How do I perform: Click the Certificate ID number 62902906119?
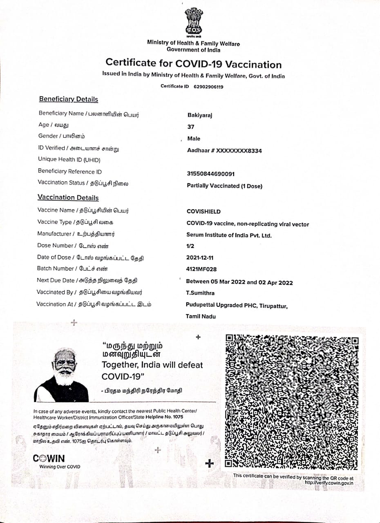(208, 87)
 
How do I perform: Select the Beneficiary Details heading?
(68, 99)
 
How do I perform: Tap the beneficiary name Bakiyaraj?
(200, 115)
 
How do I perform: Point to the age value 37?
(191, 127)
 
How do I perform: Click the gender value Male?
(194, 139)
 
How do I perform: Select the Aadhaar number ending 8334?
(224, 151)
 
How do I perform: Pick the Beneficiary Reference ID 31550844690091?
(210, 174)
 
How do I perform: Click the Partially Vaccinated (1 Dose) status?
(224, 186)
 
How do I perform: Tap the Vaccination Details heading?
(68, 198)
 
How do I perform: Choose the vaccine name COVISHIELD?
(203, 212)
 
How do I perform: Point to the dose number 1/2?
(190, 246)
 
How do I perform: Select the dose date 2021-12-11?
(200, 258)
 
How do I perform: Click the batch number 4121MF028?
(201, 269)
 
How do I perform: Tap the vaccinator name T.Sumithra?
(200, 293)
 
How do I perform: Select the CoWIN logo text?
(49, 459)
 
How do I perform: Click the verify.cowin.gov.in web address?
(329, 483)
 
